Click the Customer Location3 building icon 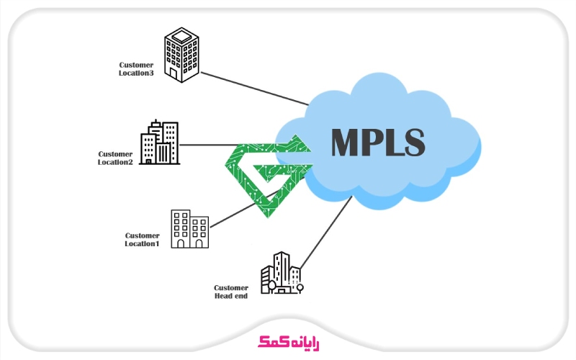click(181, 55)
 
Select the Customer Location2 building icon click(159, 143)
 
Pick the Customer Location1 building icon click(189, 229)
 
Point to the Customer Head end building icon click(280, 273)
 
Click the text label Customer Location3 click(136, 68)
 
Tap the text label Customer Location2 click(115, 158)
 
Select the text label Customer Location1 click(142, 239)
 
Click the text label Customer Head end click(230, 292)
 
